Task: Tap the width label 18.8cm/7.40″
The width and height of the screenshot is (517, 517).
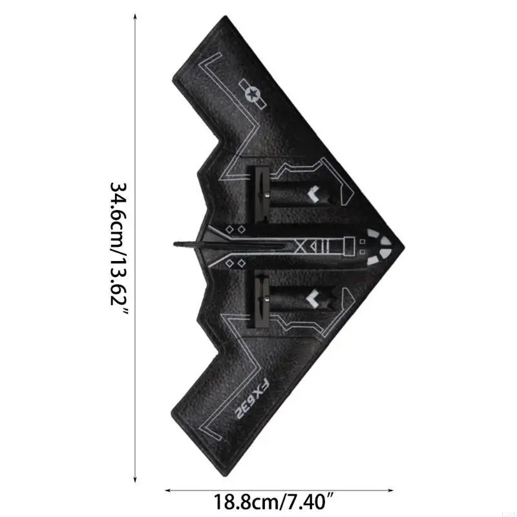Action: pos(285,500)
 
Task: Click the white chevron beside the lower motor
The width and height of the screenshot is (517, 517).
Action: pos(315,298)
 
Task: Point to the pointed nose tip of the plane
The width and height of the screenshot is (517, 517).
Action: pos(404,246)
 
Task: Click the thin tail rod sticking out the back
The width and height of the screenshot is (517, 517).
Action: pos(187,244)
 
